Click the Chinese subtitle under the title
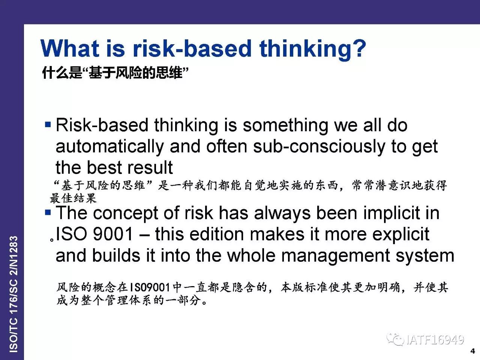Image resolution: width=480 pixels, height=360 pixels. [115, 73]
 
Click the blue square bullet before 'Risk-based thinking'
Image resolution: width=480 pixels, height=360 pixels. [48, 124]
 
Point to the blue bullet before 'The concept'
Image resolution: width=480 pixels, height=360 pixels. [48, 212]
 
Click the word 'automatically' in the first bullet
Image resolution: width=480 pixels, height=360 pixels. [110, 147]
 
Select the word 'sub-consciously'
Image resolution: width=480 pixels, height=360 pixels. [319, 147]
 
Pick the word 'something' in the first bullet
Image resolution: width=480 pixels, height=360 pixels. [285, 126]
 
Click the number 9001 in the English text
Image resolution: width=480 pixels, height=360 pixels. [113, 234]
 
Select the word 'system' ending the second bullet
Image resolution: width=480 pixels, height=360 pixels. [425, 256]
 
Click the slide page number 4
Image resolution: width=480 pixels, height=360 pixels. [473, 351]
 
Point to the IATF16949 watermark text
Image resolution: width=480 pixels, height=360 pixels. [435, 340]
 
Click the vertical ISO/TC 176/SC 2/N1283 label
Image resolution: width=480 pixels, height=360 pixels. [13, 294]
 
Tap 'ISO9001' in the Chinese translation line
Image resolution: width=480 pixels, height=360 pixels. [150, 287]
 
